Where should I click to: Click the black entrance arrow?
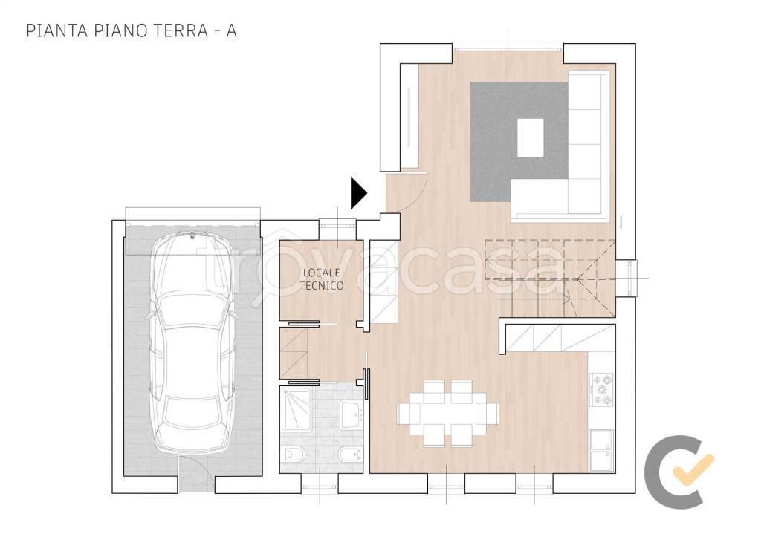(x=357, y=193)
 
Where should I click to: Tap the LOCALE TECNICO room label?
(x=321, y=279)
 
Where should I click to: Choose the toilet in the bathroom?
(x=293, y=454)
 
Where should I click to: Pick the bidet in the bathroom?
(x=349, y=454)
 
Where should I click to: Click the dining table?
(x=447, y=414)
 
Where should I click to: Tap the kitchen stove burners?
(x=601, y=389)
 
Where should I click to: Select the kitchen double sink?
(x=601, y=450)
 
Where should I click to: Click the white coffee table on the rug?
(x=530, y=137)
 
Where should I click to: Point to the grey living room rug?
(x=518, y=142)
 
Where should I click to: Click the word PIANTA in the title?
(x=56, y=30)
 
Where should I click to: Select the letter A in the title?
(x=231, y=30)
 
